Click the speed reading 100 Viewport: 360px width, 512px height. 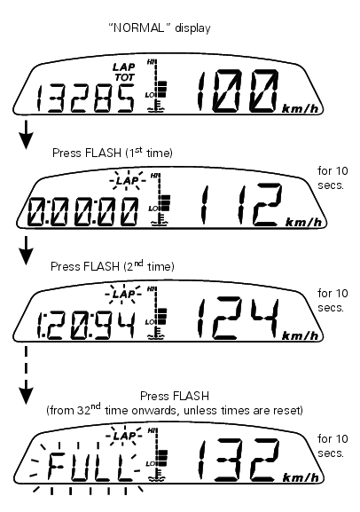pyautogui.click(x=238, y=91)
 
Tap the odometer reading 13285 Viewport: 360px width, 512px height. pyautogui.click(x=85, y=98)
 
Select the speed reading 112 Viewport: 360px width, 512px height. pyautogui.click(x=241, y=205)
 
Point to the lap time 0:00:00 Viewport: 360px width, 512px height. pyautogui.click(x=82, y=212)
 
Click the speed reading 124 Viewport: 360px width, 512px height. pyautogui.click(x=238, y=318)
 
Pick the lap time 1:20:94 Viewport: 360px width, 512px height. pyautogui.click(x=85, y=326)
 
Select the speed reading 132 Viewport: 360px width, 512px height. pyautogui.click(x=238, y=460)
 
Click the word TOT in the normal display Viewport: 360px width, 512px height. pyautogui.click(x=124, y=77)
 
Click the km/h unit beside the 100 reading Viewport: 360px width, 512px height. pyautogui.click(x=301, y=109)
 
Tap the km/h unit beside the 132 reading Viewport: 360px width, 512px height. pyautogui.click(x=301, y=477)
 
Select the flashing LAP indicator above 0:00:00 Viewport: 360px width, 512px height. pyautogui.click(x=127, y=180)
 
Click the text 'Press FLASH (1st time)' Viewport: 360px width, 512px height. pyautogui.click(x=113, y=153)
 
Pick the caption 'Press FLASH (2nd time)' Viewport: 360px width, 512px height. pyautogui.click(x=113, y=266)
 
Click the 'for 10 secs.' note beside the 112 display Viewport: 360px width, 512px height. pyautogui.click(x=333, y=178)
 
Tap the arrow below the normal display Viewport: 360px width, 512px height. pyautogui.click(x=26, y=135)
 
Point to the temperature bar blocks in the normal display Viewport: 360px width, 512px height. pyautogui.click(x=162, y=89)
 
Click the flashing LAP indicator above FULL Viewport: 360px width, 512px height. pyautogui.click(x=123, y=436)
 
